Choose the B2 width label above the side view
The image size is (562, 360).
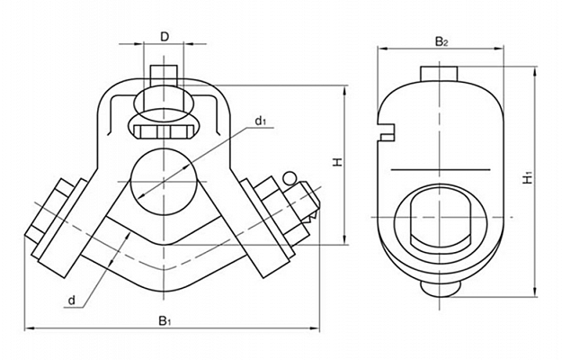point(442,41)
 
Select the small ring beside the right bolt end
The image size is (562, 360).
point(290,177)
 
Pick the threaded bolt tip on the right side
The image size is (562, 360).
point(311,205)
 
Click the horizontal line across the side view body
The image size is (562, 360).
point(442,168)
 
